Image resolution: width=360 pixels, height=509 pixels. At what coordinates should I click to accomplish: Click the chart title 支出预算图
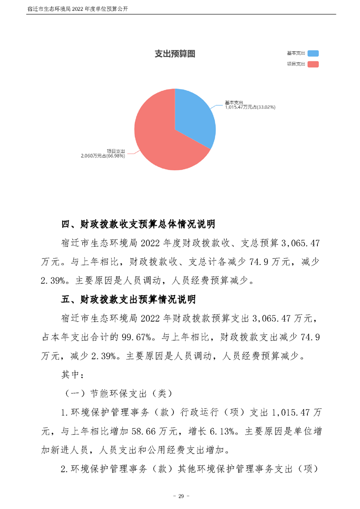(x=175, y=54)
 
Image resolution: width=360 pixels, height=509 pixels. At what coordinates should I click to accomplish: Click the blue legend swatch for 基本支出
(x=313, y=54)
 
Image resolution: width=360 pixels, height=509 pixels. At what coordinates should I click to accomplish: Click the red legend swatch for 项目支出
(x=313, y=64)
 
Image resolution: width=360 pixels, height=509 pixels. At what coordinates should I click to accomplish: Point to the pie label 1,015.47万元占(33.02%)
(x=251, y=108)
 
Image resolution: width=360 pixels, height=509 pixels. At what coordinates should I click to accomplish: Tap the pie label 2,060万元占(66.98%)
(x=103, y=155)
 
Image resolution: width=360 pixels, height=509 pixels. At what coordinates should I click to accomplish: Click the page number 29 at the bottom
(x=180, y=495)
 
